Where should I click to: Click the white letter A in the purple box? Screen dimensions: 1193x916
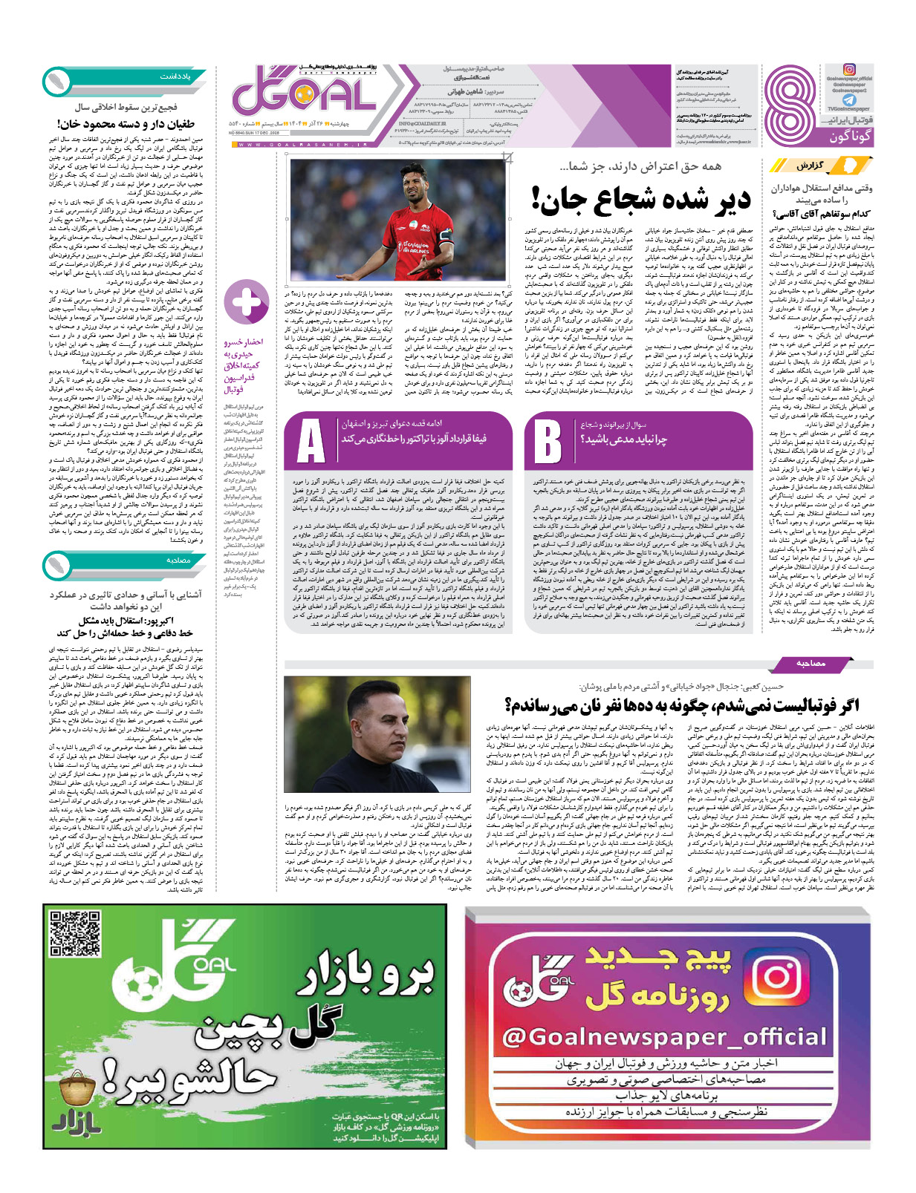tap(311, 441)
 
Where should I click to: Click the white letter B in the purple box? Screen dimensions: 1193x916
tap(548, 441)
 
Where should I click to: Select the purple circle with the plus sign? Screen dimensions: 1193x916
tap(246, 303)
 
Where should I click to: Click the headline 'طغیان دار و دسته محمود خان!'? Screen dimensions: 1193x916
tap(126, 124)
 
